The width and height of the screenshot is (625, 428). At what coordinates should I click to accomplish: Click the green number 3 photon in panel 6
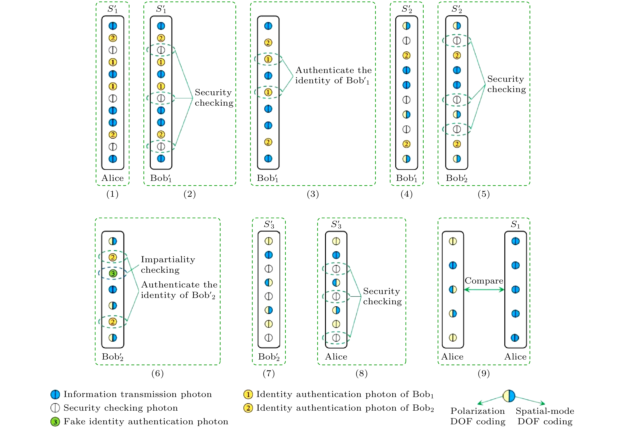pyautogui.click(x=113, y=273)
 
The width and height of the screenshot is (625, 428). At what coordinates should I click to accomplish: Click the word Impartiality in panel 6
pyautogui.click(x=168, y=259)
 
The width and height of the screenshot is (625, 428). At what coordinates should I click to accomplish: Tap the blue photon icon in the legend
pyautogui.click(x=55, y=394)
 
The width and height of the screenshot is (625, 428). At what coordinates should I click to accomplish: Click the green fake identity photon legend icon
pyautogui.click(x=55, y=421)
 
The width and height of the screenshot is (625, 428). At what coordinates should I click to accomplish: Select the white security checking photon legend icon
pyautogui.click(x=55, y=408)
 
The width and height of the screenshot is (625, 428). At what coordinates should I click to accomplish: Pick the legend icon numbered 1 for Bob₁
pyautogui.click(x=248, y=394)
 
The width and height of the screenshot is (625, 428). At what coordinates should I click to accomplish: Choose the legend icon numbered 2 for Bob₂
pyautogui.click(x=248, y=408)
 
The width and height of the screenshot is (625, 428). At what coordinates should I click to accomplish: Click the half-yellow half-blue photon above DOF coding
pyautogui.click(x=509, y=396)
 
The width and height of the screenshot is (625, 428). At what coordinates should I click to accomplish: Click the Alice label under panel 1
pyautogui.click(x=112, y=178)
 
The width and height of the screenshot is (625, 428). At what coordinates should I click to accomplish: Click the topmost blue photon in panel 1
pyautogui.click(x=113, y=26)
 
